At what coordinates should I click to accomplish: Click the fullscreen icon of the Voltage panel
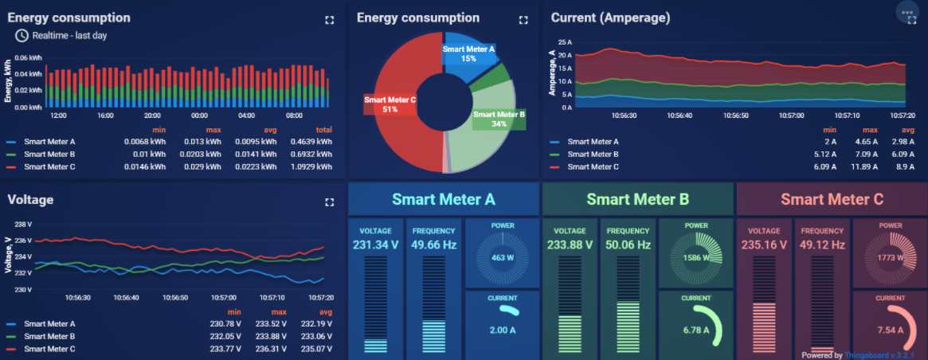(x=329, y=202)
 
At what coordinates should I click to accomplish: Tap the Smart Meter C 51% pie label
(x=390, y=104)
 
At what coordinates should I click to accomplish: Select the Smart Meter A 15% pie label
(x=468, y=53)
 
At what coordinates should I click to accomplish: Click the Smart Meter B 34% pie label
(x=499, y=119)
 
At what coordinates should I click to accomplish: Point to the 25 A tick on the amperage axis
(x=565, y=42)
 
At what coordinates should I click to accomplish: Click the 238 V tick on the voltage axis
(x=23, y=225)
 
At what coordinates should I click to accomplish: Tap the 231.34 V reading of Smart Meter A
(x=375, y=245)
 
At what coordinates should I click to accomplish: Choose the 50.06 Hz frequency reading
(x=628, y=245)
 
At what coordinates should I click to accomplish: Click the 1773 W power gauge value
(x=891, y=258)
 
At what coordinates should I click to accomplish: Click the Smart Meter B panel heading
(x=637, y=199)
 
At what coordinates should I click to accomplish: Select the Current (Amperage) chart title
(x=610, y=18)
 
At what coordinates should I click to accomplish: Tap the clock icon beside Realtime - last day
(x=22, y=35)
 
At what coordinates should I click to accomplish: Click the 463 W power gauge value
(x=502, y=258)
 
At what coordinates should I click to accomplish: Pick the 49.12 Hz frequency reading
(x=822, y=245)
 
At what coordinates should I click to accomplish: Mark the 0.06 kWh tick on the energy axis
(x=29, y=58)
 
